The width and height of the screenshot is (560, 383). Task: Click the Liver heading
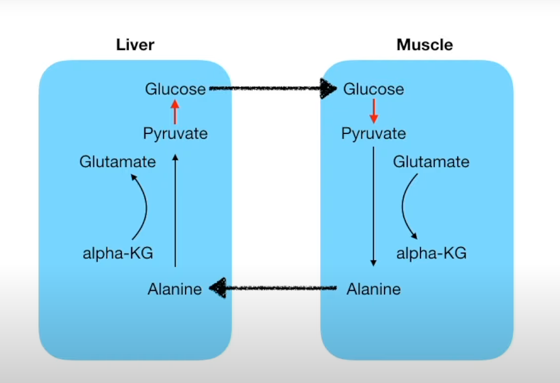pyautogui.click(x=135, y=45)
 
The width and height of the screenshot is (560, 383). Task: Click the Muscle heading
pyautogui.click(x=424, y=45)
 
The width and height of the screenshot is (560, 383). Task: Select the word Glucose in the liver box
pyautogui.click(x=175, y=89)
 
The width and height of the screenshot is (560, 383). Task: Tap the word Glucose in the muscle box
pyautogui.click(x=373, y=89)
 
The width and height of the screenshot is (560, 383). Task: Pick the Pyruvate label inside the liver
pyautogui.click(x=175, y=133)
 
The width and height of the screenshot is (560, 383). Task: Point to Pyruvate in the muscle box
pyautogui.click(x=373, y=133)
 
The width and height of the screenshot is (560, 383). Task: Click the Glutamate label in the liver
pyautogui.click(x=117, y=161)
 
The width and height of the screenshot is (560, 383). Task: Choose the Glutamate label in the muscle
pyautogui.click(x=431, y=161)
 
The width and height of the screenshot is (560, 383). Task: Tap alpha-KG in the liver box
pyautogui.click(x=118, y=254)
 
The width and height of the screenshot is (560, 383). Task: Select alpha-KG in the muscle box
pyautogui.click(x=431, y=254)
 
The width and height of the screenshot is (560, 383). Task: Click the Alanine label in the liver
pyautogui.click(x=174, y=289)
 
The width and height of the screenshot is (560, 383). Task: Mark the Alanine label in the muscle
pyautogui.click(x=373, y=289)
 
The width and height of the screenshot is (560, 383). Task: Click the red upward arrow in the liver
pyautogui.click(x=175, y=111)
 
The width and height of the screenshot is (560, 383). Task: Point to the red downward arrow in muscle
pyautogui.click(x=374, y=111)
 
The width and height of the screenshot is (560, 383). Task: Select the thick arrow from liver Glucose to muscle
pyautogui.click(x=273, y=89)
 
